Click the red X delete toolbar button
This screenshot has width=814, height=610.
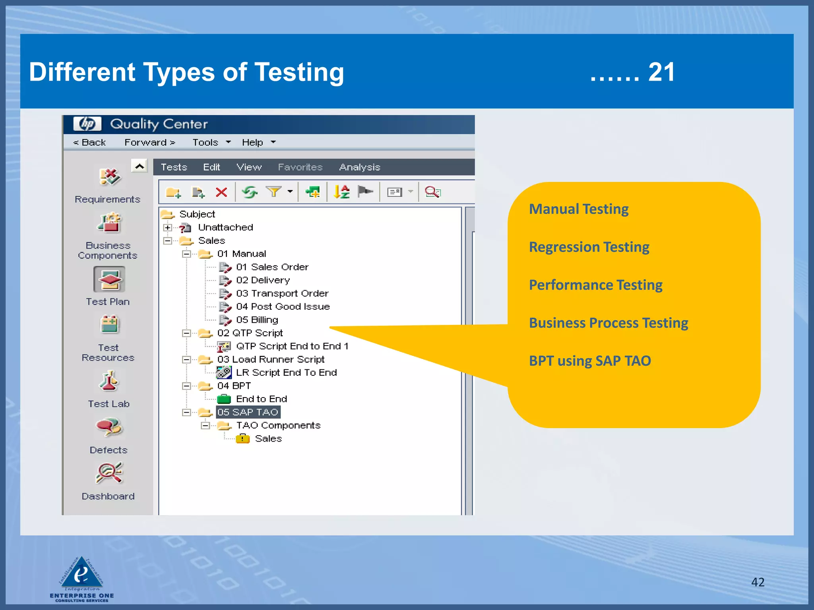click(x=221, y=193)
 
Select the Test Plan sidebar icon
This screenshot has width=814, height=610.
click(x=109, y=280)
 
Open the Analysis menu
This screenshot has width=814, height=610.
click(x=359, y=167)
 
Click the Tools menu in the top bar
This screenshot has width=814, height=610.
click(x=205, y=143)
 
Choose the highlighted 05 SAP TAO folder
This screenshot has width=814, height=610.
click(x=248, y=412)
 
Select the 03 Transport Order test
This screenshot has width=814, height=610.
click(x=282, y=293)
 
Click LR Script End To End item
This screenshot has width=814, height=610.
click(x=286, y=373)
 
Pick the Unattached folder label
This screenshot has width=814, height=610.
click(x=225, y=228)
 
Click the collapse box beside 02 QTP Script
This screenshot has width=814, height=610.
click(x=186, y=333)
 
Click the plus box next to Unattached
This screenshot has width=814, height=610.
click(x=167, y=228)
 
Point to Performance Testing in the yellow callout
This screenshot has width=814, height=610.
click(x=595, y=285)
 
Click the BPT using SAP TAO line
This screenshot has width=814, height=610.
click(x=590, y=361)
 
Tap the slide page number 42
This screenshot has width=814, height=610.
click(x=758, y=582)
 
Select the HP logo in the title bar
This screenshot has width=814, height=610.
click(x=87, y=124)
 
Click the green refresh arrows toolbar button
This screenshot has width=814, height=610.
click(x=250, y=193)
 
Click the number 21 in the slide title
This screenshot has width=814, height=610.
click(x=661, y=72)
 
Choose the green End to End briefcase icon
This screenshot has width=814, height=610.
click(x=224, y=399)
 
